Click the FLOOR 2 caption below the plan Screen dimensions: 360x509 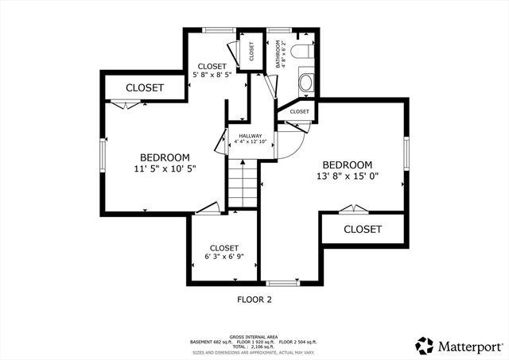pos(254,300)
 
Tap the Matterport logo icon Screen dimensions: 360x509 pos(424,345)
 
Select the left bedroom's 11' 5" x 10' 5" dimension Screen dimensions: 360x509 pos(165,168)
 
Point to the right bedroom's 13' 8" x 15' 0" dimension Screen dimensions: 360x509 pos(348,176)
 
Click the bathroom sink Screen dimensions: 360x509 pos(307,82)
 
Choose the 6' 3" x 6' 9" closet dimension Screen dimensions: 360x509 pos(224,257)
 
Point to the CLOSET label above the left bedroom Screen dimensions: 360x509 pos(145,87)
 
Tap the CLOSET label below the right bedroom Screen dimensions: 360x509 pos(363,229)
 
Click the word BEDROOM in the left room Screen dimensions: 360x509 pos(165,157)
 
